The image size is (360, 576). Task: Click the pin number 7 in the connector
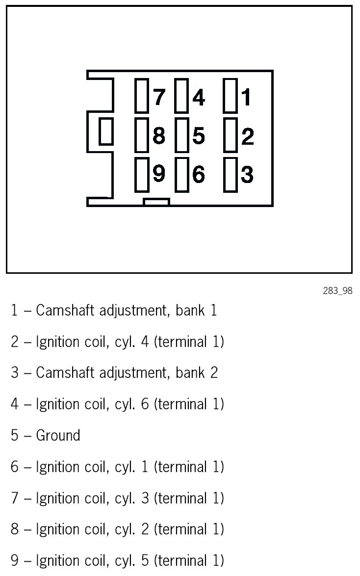(159, 97)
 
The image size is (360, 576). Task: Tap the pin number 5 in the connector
(198, 136)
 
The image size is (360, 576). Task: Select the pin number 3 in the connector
(247, 174)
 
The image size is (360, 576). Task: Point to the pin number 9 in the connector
(159, 174)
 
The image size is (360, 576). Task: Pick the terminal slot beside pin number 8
(142, 134)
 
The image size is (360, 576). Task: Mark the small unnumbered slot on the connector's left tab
(106, 131)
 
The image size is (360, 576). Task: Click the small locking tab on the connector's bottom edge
(156, 202)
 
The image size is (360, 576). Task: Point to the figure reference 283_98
(337, 291)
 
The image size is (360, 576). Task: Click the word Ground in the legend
(58, 435)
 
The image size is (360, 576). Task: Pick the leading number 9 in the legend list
(15, 560)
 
